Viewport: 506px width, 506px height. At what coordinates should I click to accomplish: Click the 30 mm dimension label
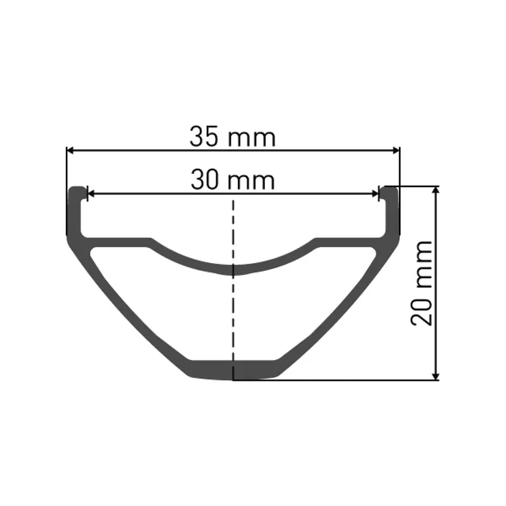coord(233,180)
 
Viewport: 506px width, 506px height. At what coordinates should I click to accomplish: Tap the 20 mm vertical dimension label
coord(423,283)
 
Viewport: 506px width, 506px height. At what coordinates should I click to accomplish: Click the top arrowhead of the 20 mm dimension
coord(435,190)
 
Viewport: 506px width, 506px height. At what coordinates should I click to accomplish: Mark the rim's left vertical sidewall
coord(74,215)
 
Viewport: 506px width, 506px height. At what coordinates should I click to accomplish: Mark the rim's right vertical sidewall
coord(393,215)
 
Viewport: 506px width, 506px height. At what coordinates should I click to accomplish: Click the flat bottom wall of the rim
coord(233,369)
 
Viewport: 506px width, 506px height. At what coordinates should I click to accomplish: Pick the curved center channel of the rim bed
coord(233,269)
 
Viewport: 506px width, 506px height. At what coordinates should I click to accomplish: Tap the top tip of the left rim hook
coord(77,188)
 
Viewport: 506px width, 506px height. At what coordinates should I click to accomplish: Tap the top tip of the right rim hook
coord(390,188)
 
